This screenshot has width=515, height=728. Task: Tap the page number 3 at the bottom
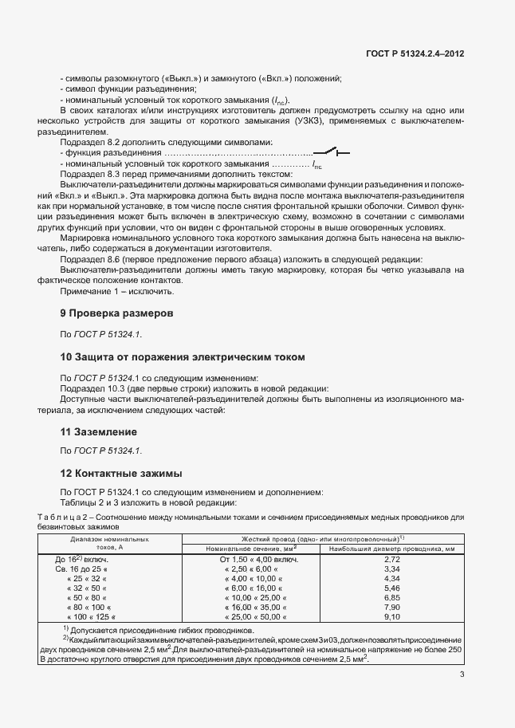coord(462,675)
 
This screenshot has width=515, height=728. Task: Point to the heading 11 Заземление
coord(99,431)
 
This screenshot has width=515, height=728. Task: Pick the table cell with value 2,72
coord(391,560)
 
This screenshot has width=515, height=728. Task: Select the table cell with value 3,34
coord(391,569)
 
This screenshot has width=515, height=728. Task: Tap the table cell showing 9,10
coord(391,616)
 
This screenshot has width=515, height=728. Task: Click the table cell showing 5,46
coord(391,588)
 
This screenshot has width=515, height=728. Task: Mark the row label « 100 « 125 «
coord(87,616)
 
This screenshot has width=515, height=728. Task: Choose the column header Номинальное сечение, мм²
coord(251,549)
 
